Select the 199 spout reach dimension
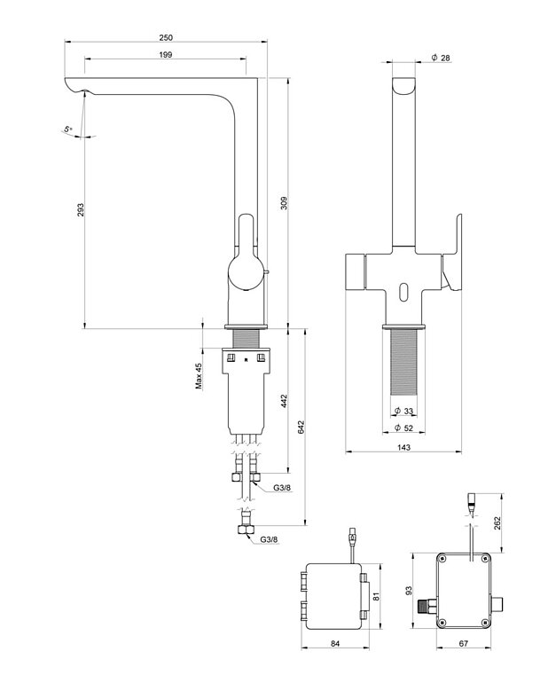[x=165, y=55]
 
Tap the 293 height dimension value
[x=81, y=210]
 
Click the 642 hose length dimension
[x=303, y=426]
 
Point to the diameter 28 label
[x=441, y=58]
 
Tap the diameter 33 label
[x=403, y=412]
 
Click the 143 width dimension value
[x=403, y=449]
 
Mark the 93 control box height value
[x=410, y=590]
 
